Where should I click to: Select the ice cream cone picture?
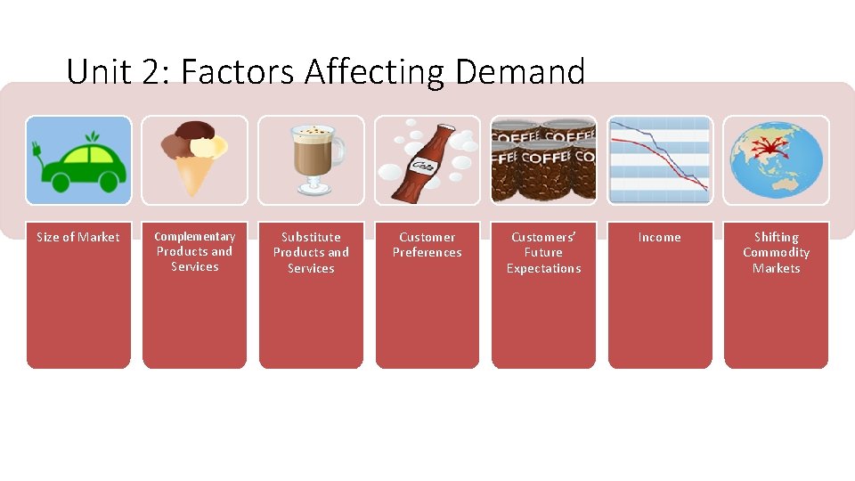pos(195,160)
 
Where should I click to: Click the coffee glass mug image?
pos(311,160)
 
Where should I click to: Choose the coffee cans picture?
pos(543,160)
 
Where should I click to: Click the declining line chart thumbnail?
pos(659,160)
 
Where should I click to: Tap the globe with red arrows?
pos(776,160)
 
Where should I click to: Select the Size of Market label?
pos(78,237)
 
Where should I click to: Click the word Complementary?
pos(195,236)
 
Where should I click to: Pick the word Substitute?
pos(311,237)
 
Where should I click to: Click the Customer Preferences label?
pos(427,245)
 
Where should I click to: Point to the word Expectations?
pos(543,268)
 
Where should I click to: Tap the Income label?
pos(659,237)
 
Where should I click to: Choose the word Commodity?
pos(776,252)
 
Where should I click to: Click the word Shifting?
pos(776,237)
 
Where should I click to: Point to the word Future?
pos(543,252)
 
